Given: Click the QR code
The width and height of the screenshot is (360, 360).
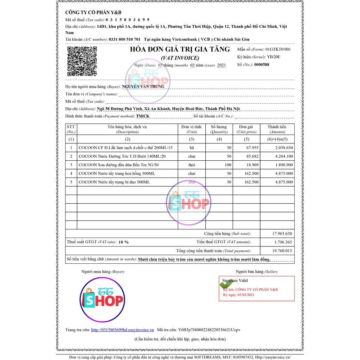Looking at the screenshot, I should tap(82, 61).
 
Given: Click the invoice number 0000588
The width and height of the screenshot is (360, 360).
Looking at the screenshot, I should tap(262, 64).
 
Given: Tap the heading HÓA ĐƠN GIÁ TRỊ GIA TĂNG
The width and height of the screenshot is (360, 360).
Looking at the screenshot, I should tap(180, 49).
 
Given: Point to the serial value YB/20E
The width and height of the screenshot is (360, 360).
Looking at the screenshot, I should tap(274, 57).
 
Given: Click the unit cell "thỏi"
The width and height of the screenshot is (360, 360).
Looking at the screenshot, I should tap(192, 165).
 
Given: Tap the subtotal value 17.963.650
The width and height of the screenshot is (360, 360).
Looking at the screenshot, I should tap(282, 233).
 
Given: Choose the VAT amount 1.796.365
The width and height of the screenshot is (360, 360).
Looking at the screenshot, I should tap(283, 242).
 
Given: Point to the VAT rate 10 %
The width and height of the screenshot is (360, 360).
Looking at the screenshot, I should tap(123, 242).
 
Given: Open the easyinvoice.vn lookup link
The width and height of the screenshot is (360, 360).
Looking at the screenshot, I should tap(122, 330).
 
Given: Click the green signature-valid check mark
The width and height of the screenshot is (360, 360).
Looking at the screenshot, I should tap(226, 284).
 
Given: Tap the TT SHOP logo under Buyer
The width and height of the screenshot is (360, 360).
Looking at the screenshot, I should tap(103, 299).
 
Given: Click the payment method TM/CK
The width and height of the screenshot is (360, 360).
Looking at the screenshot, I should tap(143, 116).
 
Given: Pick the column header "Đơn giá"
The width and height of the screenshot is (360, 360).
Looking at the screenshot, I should tap(246, 127).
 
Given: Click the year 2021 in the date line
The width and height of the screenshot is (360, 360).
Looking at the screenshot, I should tap(221, 65).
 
